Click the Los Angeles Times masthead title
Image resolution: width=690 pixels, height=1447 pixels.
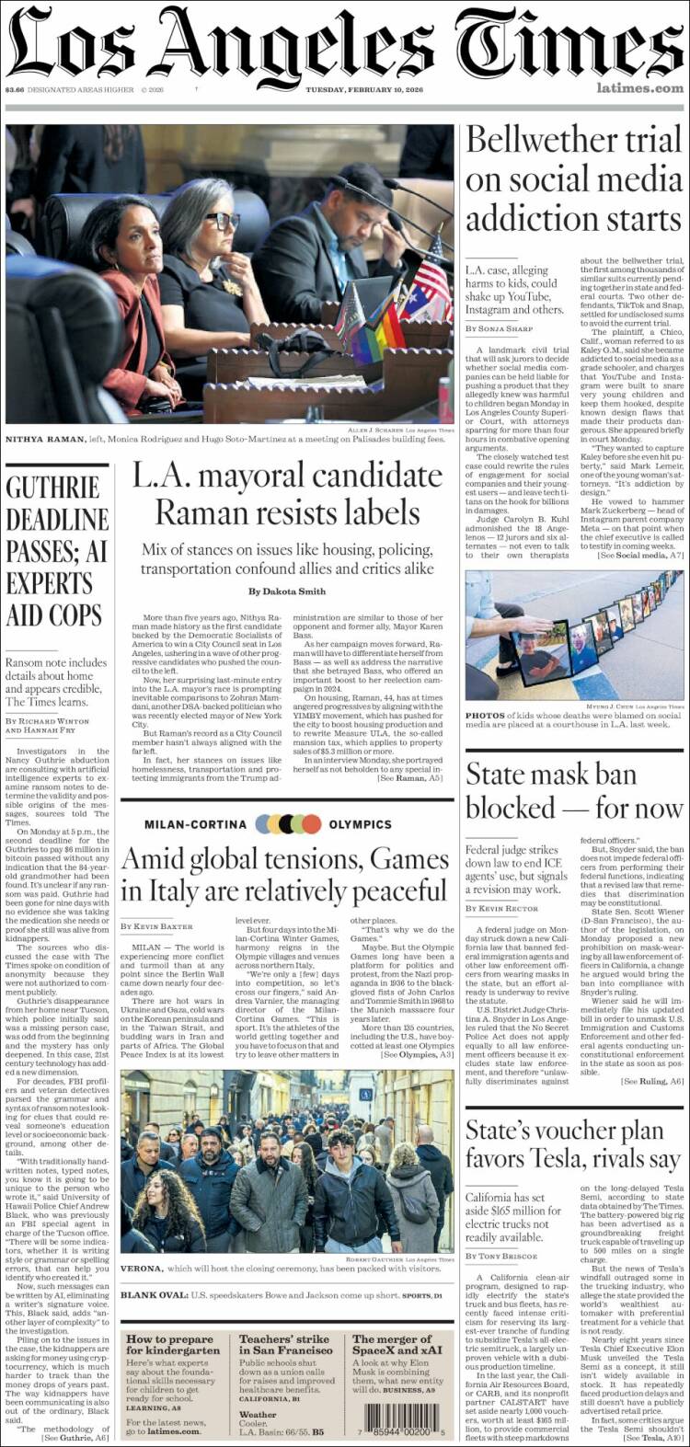(345, 43)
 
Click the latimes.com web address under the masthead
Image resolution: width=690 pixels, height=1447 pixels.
(639, 88)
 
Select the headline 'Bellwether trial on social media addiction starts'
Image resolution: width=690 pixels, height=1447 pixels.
(573, 180)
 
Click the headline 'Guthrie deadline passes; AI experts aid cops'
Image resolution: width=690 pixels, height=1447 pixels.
(57, 550)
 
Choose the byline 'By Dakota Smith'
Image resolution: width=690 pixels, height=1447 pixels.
(285, 591)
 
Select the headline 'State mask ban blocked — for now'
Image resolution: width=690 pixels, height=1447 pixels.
(573, 790)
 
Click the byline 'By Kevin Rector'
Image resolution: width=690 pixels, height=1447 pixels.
(502, 908)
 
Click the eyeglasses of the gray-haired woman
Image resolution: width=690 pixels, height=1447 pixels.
(223, 220)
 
